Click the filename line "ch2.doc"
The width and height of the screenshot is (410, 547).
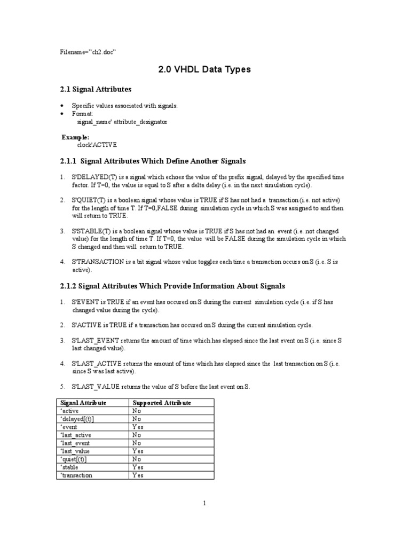pos(88,52)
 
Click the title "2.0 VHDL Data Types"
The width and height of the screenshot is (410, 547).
pos(205,69)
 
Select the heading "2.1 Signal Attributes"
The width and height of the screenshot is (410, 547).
pos(98,89)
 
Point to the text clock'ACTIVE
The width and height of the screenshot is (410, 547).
pos(97,145)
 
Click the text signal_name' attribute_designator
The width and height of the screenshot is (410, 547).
pos(122,122)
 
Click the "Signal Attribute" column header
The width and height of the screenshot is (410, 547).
pos(83,402)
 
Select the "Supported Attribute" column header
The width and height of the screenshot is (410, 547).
pos(162,402)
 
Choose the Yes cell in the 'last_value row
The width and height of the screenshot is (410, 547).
pos(138,451)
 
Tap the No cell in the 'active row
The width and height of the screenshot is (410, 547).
pos(137,411)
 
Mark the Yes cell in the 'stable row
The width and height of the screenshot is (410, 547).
pos(138,467)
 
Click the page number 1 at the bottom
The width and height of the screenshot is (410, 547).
pos(204,503)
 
